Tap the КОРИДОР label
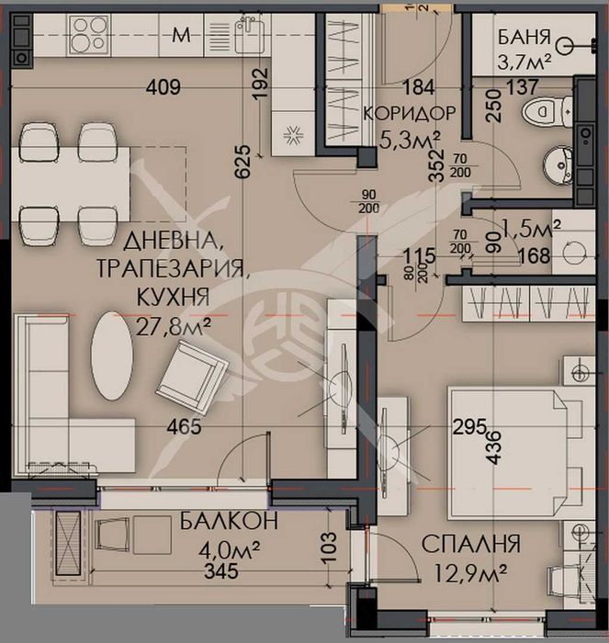click(410, 114)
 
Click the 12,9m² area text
click(466, 574)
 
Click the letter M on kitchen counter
click(182, 37)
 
